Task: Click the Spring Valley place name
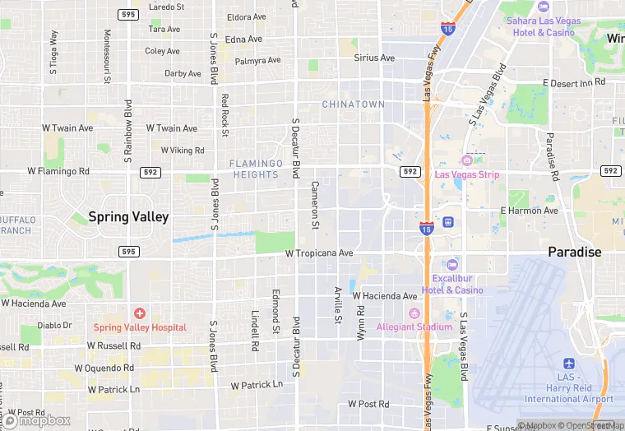pyautogui.click(x=129, y=217)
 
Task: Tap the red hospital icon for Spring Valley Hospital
pyautogui.click(x=140, y=313)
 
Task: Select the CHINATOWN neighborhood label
pyautogui.click(x=353, y=104)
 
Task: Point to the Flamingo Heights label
pyautogui.click(x=254, y=169)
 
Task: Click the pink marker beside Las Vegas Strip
pyautogui.click(x=467, y=160)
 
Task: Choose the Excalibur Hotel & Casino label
pyautogui.click(x=452, y=285)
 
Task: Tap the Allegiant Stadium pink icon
pyautogui.click(x=414, y=313)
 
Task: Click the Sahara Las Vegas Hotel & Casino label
pyautogui.click(x=543, y=26)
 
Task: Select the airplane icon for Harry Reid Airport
pyautogui.click(x=569, y=364)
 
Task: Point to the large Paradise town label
pyautogui.click(x=576, y=252)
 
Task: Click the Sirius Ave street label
pyautogui.click(x=374, y=58)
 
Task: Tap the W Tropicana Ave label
pyautogui.click(x=319, y=253)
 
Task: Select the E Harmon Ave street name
pyautogui.click(x=529, y=211)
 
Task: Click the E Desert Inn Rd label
pyautogui.click(x=574, y=82)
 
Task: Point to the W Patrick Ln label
pyautogui.click(x=257, y=384)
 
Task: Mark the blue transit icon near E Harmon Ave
pyautogui.click(x=448, y=221)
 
